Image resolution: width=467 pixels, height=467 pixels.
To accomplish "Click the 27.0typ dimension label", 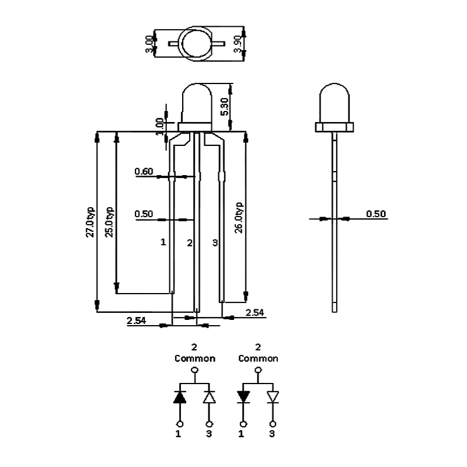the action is pos(90,222).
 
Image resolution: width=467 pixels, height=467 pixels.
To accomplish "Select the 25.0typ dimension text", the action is pos(109,222).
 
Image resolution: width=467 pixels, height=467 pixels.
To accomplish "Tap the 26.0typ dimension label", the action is pos(239,218).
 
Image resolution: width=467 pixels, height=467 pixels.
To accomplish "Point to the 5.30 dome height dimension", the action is pos(224,107).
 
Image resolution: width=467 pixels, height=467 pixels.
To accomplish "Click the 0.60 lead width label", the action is pos(144,171).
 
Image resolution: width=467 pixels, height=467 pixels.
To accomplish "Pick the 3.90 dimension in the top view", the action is pos(238,44).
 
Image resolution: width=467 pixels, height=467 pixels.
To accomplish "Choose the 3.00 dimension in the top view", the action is pos(149,44).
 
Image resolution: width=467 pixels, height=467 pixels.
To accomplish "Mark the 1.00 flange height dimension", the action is pos(159,127).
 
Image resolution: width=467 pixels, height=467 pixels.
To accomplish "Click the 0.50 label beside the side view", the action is pos(376,214).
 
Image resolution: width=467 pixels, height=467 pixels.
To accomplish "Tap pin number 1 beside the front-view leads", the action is pos(163,242).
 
